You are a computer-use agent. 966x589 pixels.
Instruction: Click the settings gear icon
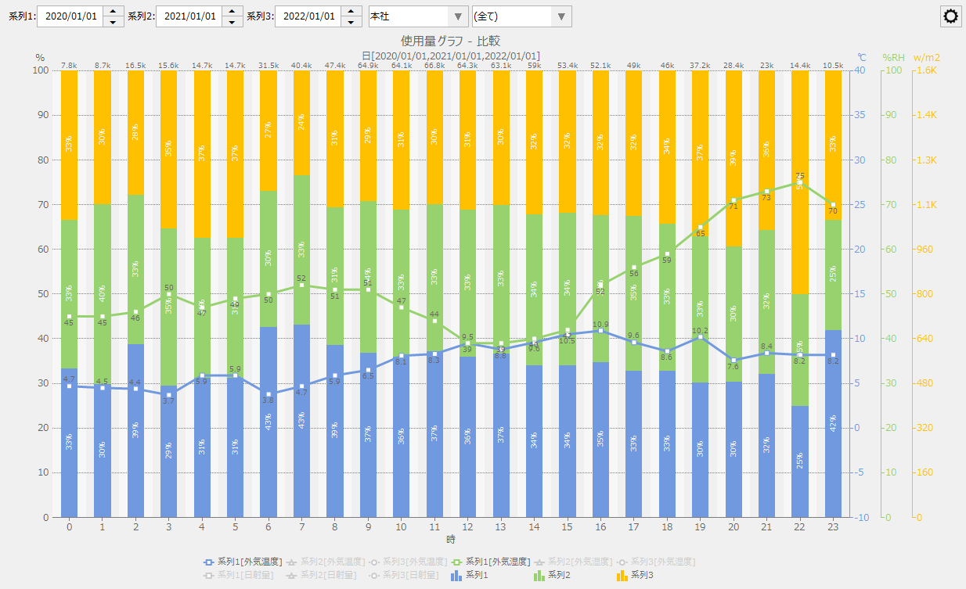(951, 16)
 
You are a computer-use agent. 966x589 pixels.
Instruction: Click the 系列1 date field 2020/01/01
(70, 16)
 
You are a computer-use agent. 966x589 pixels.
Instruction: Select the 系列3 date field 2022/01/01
(308, 16)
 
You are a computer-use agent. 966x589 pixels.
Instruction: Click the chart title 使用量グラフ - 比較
(450, 41)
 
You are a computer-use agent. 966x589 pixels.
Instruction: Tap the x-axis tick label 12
(467, 528)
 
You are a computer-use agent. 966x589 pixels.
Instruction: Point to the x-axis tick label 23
(833, 528)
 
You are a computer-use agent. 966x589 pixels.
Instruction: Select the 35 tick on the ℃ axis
(861, 115)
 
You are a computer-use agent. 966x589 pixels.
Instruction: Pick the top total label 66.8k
(434, 65)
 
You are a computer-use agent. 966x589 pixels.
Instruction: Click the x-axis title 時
(451, 540)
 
